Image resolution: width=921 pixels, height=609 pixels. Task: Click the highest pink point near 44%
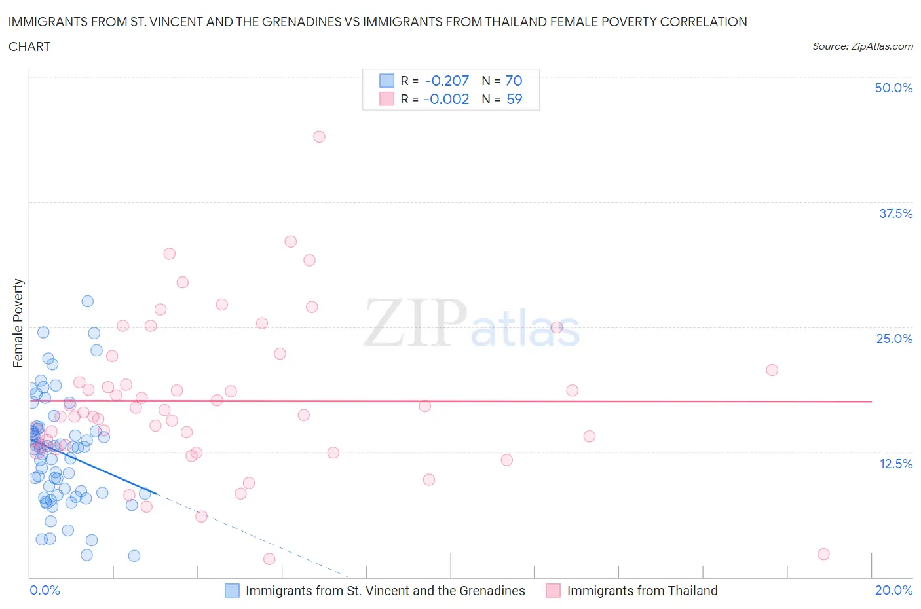(x=319, y=137)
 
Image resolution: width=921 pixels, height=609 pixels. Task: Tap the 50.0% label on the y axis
(x=893, y=88)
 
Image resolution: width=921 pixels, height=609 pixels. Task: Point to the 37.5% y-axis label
(x=895, y=213)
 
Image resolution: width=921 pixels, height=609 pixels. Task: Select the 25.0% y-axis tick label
(x=893, y=339)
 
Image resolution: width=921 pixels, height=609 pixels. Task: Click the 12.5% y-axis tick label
(x=895, y=464)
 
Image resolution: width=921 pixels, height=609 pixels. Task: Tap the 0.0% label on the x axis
(x=45, y=590)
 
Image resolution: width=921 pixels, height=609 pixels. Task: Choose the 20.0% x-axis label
(x=893, y=590)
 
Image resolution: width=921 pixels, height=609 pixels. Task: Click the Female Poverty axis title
(x=18, y=323)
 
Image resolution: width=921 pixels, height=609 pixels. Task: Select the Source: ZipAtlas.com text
(x=862, y=46)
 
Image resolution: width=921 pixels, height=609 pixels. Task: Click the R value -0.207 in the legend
(x=447, y=81)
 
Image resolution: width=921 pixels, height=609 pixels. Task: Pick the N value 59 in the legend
(x=514, y=99)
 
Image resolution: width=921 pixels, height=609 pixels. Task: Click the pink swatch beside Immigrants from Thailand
(x=554, y=591)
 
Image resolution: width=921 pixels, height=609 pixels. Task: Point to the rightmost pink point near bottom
(x=823, y=554)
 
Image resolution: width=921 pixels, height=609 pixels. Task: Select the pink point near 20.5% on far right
(x=772, y=370)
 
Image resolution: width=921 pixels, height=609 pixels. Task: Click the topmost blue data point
(x=87, y=301)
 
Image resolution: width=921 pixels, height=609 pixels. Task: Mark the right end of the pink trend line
(x=872, y=401)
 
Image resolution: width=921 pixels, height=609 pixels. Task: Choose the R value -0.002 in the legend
(x=446, y=99)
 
